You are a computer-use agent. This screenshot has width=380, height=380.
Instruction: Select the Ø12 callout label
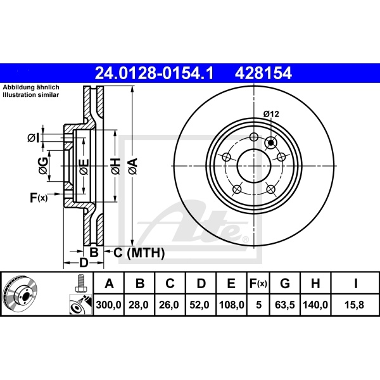(271, 114)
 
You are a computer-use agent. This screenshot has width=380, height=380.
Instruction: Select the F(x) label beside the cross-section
(39, 198)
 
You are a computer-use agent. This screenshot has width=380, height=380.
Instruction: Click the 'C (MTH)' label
(139, 253)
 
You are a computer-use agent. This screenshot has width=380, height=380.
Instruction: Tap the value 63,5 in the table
(285, 305)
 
